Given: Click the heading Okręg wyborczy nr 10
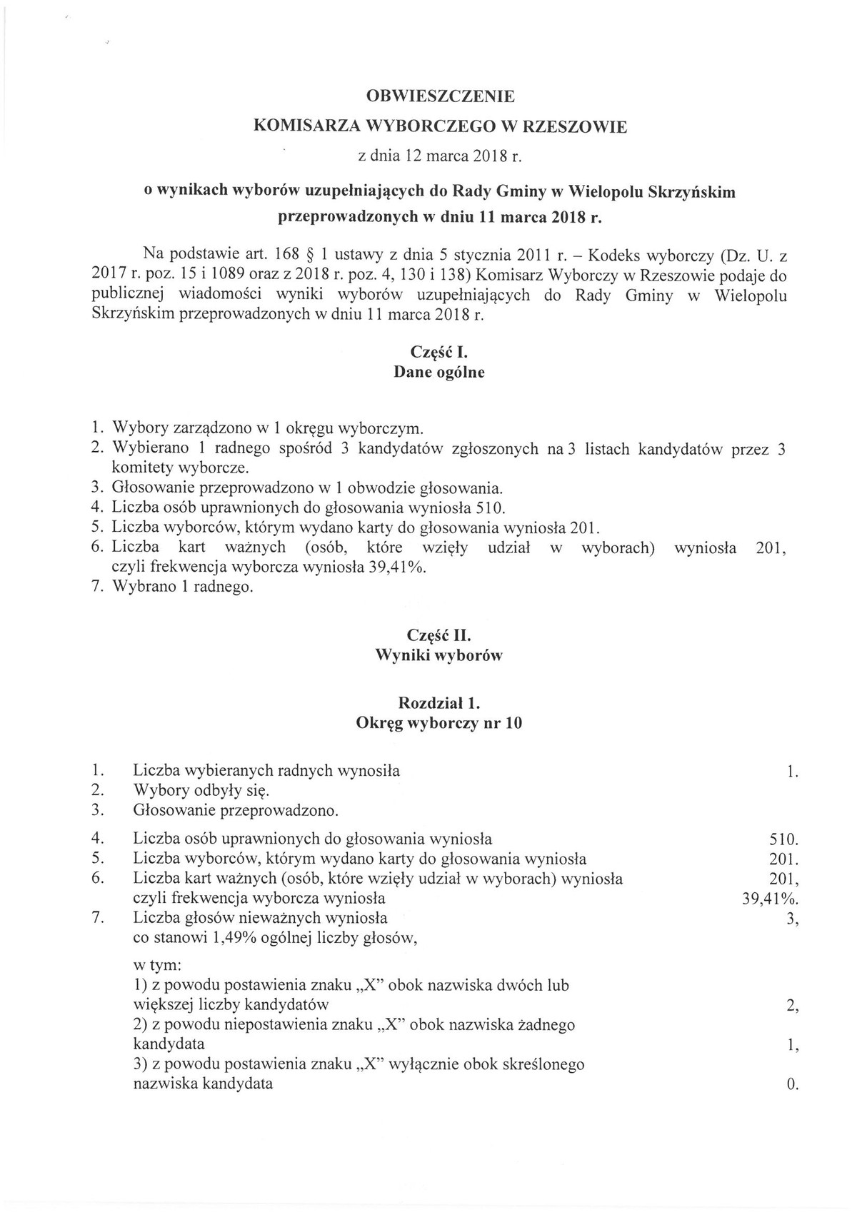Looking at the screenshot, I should pyautogui.click(x=439, y=723).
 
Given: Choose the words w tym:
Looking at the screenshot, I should pyautogui.click(x=157, y=966).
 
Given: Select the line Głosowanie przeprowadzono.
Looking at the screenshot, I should pyautogui.click(x=236, y=811).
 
